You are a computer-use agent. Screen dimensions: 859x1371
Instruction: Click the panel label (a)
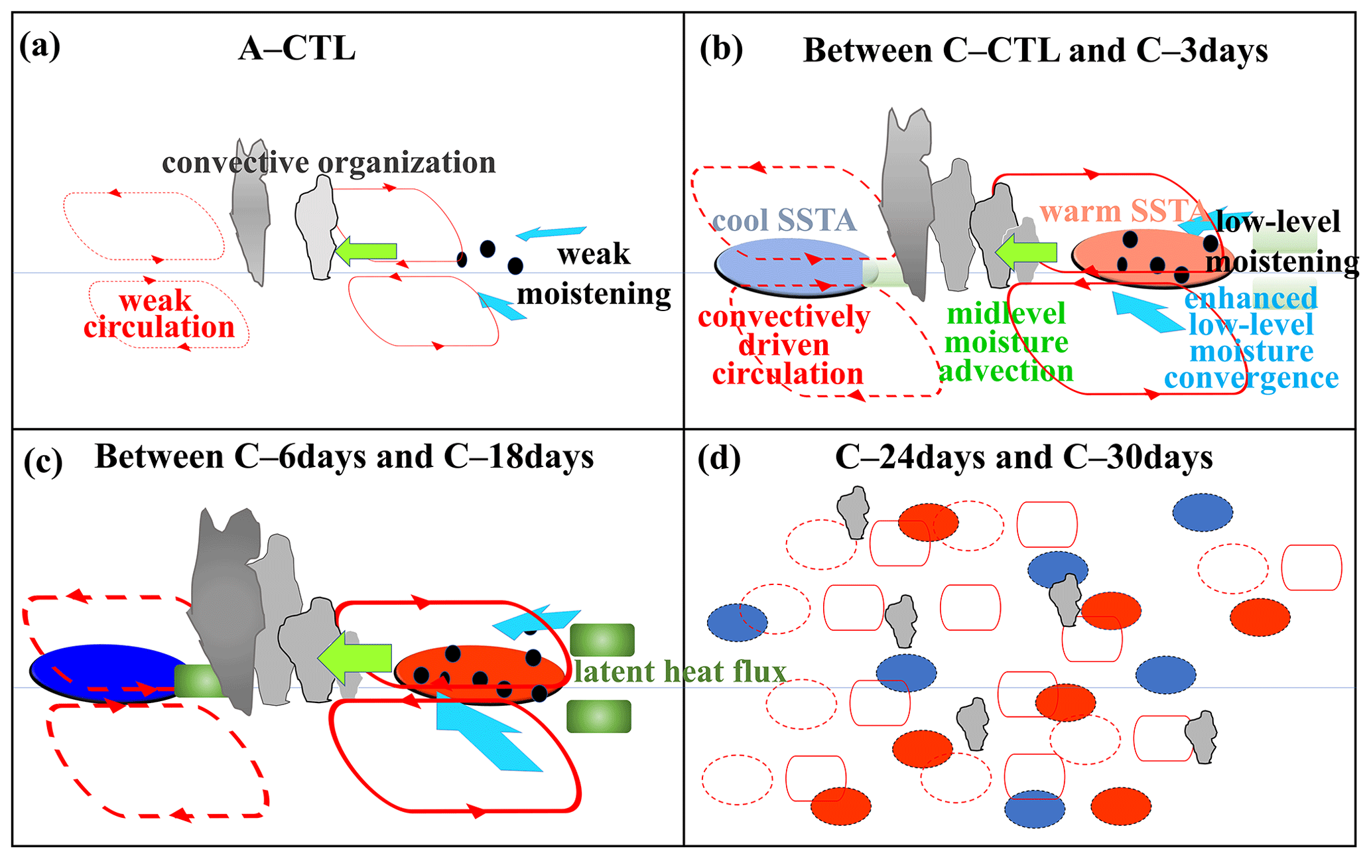(40, 48)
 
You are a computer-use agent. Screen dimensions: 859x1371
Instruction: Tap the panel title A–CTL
(296, 49)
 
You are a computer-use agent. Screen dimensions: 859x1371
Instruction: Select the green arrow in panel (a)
(366, 251)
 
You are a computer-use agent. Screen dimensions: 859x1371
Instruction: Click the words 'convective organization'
(329, 163)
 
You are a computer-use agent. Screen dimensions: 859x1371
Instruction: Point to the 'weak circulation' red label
(159, 314)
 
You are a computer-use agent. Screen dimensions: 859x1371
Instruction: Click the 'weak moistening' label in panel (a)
(594, 274)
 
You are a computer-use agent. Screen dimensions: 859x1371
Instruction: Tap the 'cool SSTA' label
(784, 220)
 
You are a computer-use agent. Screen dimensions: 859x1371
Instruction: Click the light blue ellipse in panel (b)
(789, 267)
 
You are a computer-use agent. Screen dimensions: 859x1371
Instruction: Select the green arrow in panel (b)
(1025, 252)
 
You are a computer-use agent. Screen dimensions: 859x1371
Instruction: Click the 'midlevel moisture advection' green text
(1006, 343)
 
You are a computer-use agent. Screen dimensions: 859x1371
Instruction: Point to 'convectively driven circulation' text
(785, 346)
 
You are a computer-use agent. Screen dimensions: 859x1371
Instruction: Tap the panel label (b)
(721, 50)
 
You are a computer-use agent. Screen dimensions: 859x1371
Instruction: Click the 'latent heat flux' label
(680, 672)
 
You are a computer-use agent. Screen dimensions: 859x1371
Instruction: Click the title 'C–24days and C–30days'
(1023, 458)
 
